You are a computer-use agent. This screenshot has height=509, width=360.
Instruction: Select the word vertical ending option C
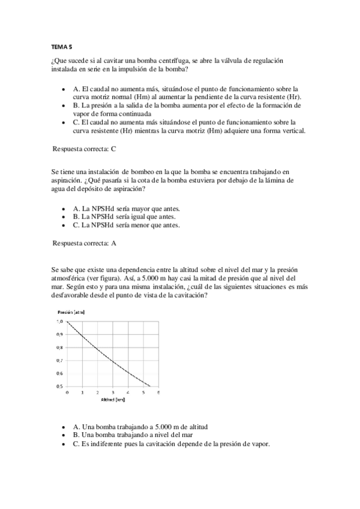290,131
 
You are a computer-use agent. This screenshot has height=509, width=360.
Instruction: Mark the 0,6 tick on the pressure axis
59,373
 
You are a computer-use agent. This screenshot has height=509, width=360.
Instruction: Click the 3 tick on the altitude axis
113,392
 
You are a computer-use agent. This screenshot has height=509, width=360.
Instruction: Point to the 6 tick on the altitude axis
158,392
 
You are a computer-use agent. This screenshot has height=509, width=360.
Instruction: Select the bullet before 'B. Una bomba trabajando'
64,435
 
